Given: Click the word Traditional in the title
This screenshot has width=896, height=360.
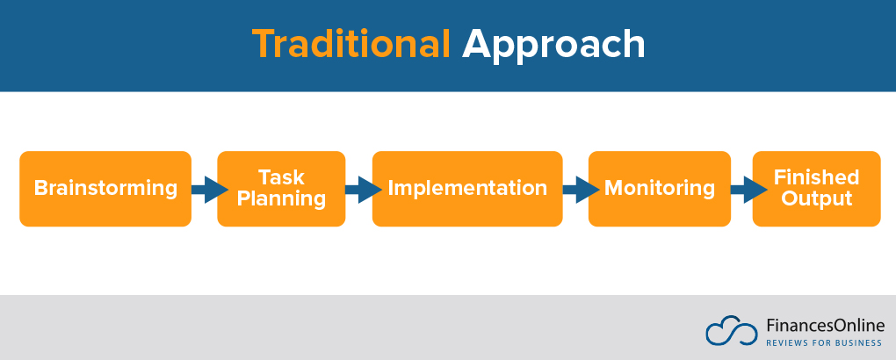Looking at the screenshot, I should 351,44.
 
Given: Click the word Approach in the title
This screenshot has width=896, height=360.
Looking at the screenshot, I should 553,44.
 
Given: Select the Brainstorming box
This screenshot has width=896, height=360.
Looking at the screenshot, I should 105,189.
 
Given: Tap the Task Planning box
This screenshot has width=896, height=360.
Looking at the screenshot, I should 281,189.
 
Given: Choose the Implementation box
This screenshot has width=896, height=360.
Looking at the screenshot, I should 467,189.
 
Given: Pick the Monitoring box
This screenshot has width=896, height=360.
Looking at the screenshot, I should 659,189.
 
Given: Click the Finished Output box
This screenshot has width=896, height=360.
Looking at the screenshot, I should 816,189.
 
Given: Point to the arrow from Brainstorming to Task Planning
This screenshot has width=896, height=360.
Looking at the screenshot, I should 205,189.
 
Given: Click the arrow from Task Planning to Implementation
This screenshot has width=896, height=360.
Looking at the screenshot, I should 359,189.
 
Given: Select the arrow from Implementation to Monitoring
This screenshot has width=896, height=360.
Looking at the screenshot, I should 575,189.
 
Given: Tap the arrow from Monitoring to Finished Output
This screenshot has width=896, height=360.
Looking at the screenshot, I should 742,189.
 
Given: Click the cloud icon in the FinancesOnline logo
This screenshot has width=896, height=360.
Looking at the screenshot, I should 731,330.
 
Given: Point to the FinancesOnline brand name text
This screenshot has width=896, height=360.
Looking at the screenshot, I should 825,325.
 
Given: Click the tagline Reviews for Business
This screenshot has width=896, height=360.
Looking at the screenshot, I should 825,342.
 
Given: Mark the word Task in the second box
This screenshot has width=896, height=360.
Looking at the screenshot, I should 281,177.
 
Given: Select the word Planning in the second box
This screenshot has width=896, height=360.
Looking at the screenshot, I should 281,199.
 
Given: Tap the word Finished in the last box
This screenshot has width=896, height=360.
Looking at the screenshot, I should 816,177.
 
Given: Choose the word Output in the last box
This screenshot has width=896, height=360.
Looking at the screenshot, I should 816,199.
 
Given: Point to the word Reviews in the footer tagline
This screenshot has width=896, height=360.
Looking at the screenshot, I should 786,342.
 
